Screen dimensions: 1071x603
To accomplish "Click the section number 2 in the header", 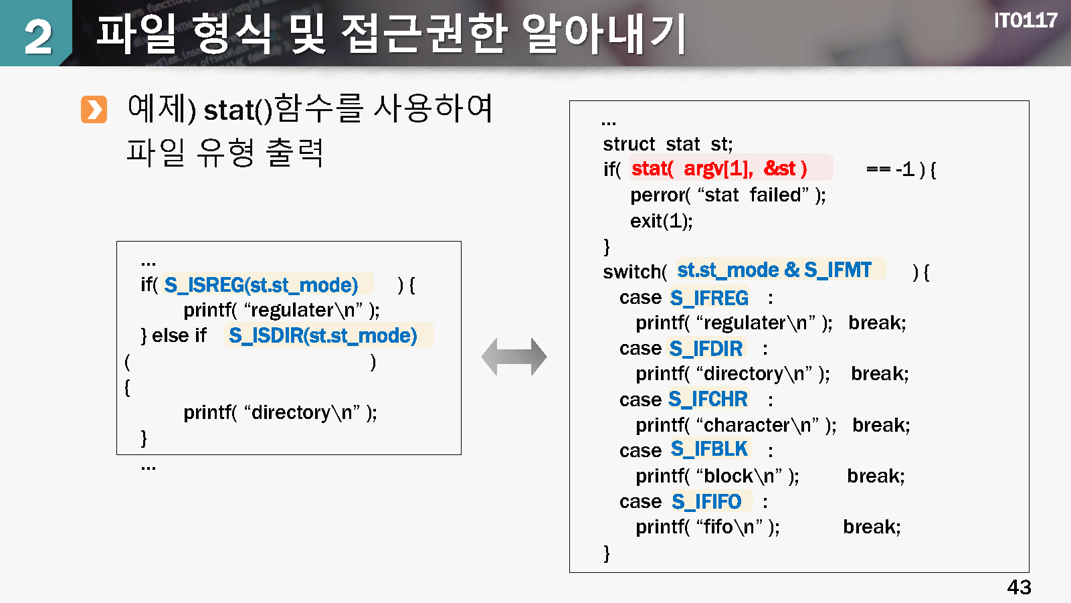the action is tap(37, 36).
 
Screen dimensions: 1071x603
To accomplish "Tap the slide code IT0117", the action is tap(1025, 21).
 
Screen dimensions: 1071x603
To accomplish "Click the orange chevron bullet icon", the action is tap(94, 110).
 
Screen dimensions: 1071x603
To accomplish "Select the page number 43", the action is tap(1019, 587).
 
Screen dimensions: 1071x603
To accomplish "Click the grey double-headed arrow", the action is tap(514, 357).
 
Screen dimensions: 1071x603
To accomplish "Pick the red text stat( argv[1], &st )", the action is tap(719, 169).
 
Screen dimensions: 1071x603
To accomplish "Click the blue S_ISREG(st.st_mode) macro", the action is tap(261, 285).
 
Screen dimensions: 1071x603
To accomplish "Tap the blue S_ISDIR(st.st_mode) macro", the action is tap(322, 336).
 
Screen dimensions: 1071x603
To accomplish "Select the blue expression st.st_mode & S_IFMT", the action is tap(774, 270).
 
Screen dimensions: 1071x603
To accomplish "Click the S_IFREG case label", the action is tap(709, 298).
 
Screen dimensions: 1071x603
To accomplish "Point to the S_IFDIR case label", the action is tap(706, 349).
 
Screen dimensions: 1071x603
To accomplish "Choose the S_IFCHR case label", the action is tap(708, 400).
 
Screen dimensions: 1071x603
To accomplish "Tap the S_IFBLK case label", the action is tap(709, 449).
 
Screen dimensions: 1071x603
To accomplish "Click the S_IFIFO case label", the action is tap(706, 502).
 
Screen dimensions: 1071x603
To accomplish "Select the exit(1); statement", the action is tap(661, 221).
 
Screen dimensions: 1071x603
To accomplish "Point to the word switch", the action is tap(631, 272).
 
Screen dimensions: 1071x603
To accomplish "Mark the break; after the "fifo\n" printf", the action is tap(872, 527).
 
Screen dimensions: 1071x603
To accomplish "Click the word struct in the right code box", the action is tap(629, 144).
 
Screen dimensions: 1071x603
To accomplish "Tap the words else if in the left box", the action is tap(179, 336).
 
